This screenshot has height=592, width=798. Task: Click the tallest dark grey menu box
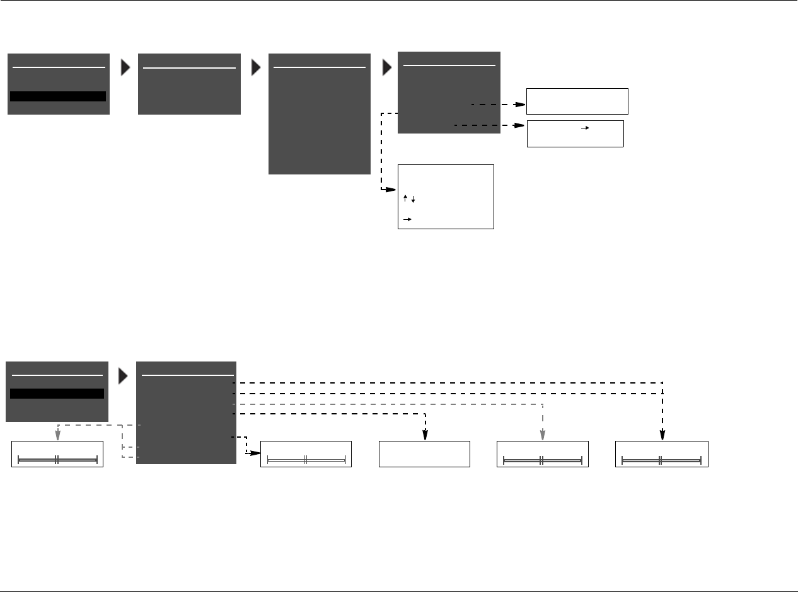pos(320,113)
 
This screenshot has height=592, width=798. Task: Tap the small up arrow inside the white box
pos(405,199)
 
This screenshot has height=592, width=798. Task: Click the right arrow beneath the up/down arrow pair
pos(407,219)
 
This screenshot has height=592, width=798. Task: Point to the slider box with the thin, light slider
pos(306,454)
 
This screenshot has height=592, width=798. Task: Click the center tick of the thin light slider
pos(306,460)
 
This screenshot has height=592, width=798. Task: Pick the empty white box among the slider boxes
pos(424,454)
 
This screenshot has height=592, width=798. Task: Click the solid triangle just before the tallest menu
pos(256,68)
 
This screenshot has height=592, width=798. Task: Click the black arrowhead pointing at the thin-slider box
pos(255,453)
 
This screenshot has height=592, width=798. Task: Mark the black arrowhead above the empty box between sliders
pos(425,435)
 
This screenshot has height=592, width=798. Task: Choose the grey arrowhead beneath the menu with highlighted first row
pos(57,435)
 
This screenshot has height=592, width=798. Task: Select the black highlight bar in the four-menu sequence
pos(58,96)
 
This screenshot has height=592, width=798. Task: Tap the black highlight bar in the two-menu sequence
pos(57,394)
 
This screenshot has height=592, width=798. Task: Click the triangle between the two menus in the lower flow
pos(124,376)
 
